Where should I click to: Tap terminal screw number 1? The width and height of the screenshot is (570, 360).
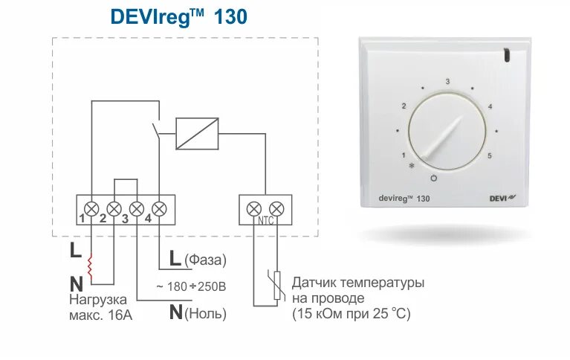(91, 208)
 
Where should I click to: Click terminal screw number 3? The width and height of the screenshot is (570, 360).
(137, 208)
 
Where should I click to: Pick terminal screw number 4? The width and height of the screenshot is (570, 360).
(158, 208)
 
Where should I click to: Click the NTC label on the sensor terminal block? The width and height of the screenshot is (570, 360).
(265, 221)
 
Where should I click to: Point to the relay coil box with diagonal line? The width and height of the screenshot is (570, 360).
(197, 133)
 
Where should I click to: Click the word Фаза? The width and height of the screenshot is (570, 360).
(205, 260)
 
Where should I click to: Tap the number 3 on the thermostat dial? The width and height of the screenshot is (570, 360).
(447, 81)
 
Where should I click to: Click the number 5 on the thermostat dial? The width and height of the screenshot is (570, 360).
(490, 155)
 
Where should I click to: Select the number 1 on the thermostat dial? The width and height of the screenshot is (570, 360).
(404, 155)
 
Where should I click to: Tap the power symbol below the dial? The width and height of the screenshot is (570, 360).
(434, 179)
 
